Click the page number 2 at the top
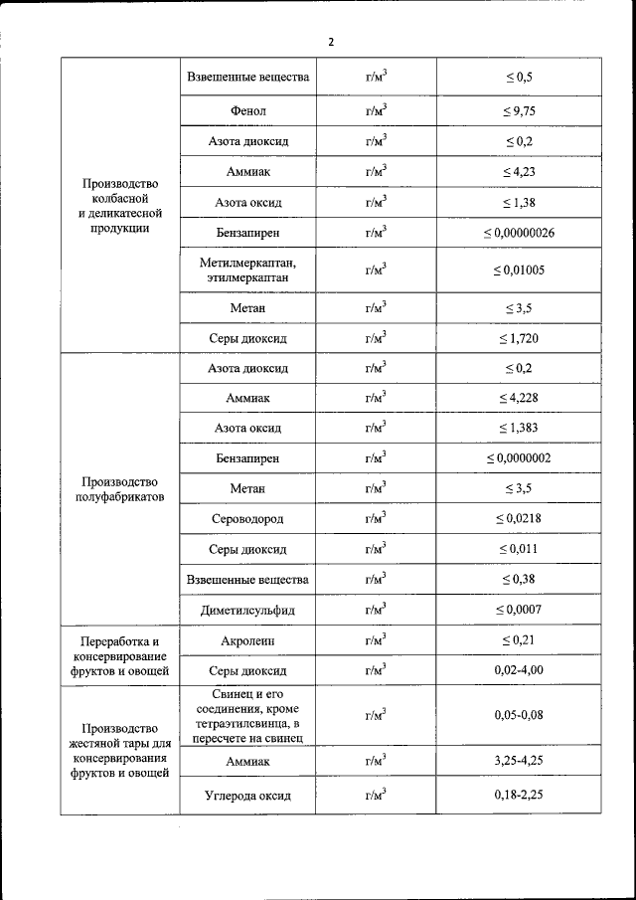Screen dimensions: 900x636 (x=331, y=41)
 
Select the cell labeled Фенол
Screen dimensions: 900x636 (x=247, y=111)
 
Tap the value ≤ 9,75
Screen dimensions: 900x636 (x=518, y=111)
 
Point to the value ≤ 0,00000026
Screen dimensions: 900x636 (x=518, y=233)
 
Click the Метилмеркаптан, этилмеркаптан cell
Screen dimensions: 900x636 (x=247, y=270)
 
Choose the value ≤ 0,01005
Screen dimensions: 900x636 (x=518, y=270)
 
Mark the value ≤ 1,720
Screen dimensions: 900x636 (x=518, y=338)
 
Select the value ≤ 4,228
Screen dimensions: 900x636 (x=518, y=398)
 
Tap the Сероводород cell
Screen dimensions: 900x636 (x=247, y=518)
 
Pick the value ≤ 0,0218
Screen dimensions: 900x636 (x=518, y=518)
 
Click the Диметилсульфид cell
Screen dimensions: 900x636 (x=247, y=609)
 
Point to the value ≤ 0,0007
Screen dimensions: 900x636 (x=518, y=609)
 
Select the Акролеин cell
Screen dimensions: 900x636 (x=247, y=639)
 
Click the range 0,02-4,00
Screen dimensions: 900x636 (x=518, y=670)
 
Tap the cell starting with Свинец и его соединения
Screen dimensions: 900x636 (x=247, y=715)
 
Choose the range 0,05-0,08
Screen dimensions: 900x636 (x=518, y=715)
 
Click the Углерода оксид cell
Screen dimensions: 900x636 (x=247, y=796)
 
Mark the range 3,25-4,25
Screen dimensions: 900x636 (x=518, y=761)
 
